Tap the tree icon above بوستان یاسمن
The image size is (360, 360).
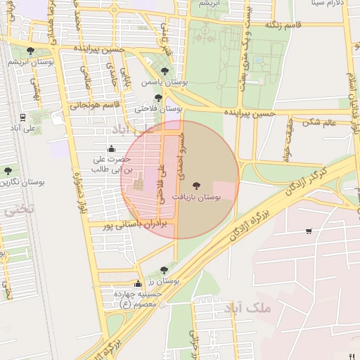(x=165, y=71)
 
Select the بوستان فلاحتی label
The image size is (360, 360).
(x=159, y=109)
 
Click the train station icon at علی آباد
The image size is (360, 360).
(x=24, y=117)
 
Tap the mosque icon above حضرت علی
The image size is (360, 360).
(x=110, y=148)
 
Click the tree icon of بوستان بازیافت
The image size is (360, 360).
(x=195, y=186)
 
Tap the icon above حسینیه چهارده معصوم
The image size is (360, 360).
(x=137, y=285)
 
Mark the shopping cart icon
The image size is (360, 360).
(x=309, y=231)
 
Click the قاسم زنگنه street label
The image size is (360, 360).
(x=283, y=25)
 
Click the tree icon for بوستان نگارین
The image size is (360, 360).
(x=8, y=171)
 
